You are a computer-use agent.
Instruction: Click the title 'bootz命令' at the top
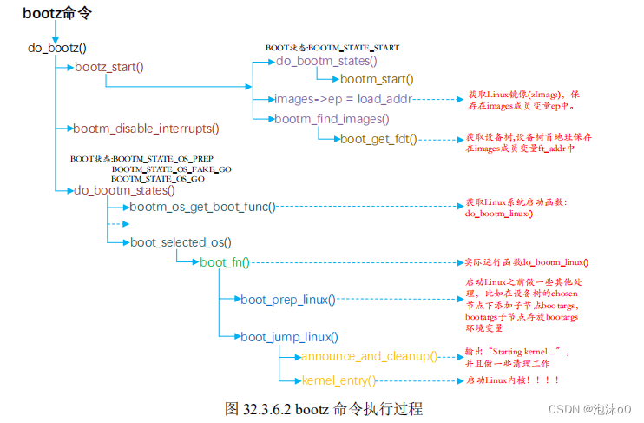(57, 13)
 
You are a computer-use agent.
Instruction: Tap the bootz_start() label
(108, 67)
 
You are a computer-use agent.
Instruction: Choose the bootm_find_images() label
(332, 119)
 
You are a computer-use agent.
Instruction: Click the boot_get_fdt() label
(378, 138)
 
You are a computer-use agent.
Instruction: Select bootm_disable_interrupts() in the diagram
(146, 129)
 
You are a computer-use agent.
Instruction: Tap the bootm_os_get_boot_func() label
(202, 207)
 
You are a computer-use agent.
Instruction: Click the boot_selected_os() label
(181, 242)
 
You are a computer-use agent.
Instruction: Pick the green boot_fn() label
(225, 261)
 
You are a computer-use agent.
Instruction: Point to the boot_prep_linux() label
(288, 300)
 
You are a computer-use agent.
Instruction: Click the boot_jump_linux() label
(289, 337)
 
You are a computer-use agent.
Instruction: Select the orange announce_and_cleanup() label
(369, 357)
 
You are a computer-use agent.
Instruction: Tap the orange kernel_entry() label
(338, 380)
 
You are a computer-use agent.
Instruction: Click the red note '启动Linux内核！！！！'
(512, 380)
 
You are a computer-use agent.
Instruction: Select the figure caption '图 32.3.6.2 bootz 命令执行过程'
(323, 407)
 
